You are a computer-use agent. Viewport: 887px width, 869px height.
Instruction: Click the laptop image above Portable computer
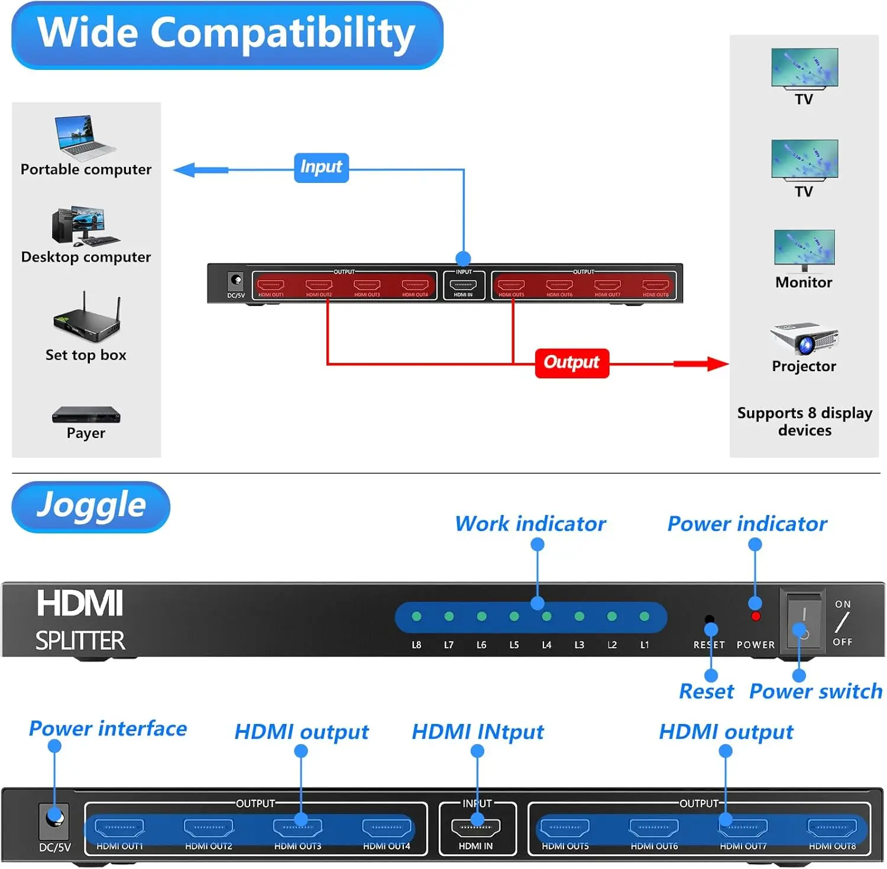pyautogui.click(x=84, y=137)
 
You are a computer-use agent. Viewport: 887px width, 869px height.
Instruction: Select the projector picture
pyautogui.click(x=804, y=339)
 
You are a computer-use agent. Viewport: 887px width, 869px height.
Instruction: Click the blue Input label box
pyautogui.click(x=321, y=168)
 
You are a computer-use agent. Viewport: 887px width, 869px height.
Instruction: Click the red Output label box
pyautogui.click(x=571, y=362)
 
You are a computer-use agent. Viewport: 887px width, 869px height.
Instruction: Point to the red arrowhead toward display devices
pyautogui.click(x=717, y=363)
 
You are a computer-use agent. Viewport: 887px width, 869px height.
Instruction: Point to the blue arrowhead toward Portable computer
pyautogui.click(x=185, y=170)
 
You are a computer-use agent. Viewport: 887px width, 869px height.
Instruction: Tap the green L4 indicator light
pyautogui.click(x=546, y=616)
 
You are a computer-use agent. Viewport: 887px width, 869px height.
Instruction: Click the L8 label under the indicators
pyautogui.click(x=416, y=645)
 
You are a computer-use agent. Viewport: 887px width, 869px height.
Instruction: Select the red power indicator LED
pyautogui.click(x=755, y=617)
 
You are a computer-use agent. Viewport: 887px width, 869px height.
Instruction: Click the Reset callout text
pyautogui.click(x=706, y=691)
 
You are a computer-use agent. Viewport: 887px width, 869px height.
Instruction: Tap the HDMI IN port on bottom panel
pyautogui.click(x=475, y=827)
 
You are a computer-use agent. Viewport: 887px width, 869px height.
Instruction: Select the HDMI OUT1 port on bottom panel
pyautogui.click(x=119, y=827)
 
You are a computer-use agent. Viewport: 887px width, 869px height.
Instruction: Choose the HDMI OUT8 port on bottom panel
pyautogui.click(x=832, y=827)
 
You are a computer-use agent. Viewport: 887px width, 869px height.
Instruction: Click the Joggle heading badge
pyautogui.click(x=91, y=506)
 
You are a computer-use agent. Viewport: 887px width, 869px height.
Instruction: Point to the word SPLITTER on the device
pyautogui.click(x=80, y=641)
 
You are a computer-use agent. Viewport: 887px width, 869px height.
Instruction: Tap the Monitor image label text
pyautogui.click(x=804, y=282)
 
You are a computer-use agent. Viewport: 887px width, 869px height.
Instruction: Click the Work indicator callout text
pyautogui.click(x=530, y=524)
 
